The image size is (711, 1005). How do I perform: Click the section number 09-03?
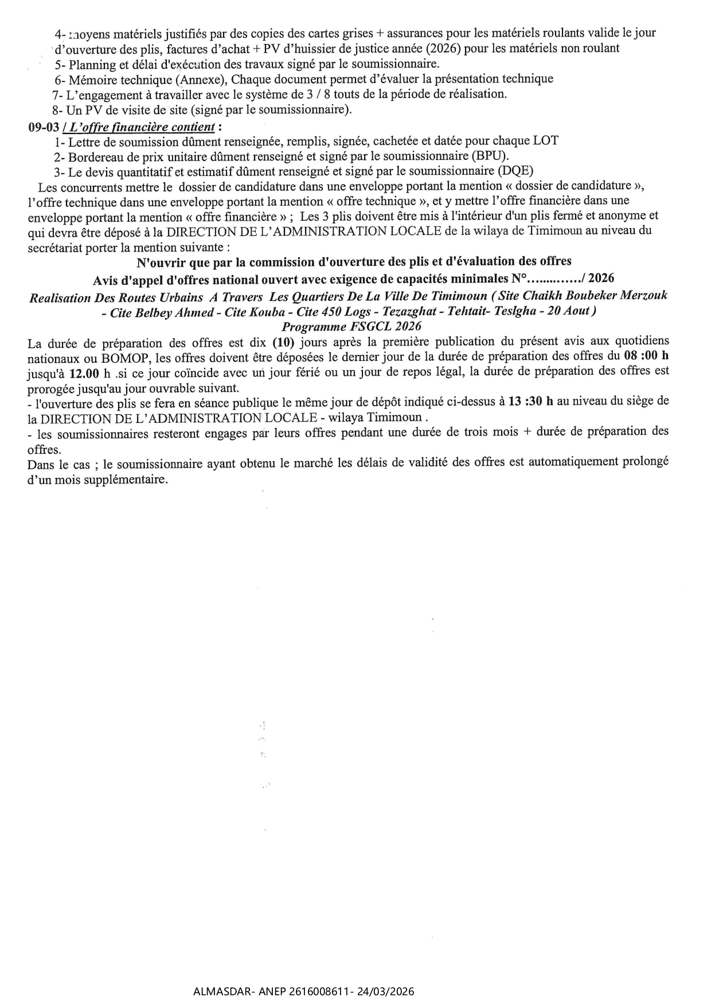point(44,127)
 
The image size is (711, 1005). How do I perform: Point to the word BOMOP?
point(130,356)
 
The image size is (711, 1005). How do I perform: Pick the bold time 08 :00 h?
point(646,356)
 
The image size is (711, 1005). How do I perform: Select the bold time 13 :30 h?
point(531,401)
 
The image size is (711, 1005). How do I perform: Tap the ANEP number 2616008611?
point(318,991)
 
